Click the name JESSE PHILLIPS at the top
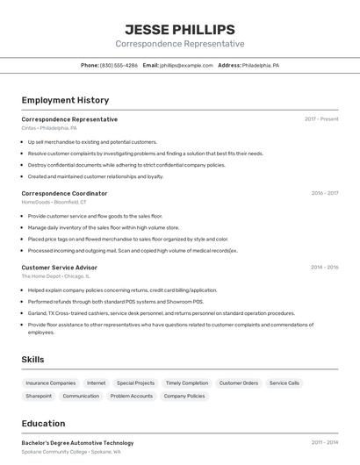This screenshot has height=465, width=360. (179, 30)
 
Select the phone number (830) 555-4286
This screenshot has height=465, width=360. (119, 65)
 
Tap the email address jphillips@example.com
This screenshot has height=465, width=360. (186, 65)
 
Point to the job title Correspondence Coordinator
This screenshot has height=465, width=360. (64, 193)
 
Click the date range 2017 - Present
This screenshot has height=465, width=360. (321, 119)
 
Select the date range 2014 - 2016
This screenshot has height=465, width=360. (324, 267)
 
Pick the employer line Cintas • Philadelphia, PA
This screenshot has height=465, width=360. (49, 128)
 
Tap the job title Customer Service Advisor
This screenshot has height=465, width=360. (59, 267)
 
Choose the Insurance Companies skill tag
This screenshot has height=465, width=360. (51, 383)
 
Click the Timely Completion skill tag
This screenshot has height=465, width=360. (187, 383)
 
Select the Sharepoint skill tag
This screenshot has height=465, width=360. (39, 396)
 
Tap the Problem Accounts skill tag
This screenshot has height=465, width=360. (132, 396)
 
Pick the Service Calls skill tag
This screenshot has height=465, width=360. (284, 383)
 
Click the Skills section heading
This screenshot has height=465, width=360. (33, 359)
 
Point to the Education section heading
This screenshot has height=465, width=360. (43, 423)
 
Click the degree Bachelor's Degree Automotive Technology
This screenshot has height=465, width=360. (77, 443)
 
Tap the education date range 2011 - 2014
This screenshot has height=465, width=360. (324, 443)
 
